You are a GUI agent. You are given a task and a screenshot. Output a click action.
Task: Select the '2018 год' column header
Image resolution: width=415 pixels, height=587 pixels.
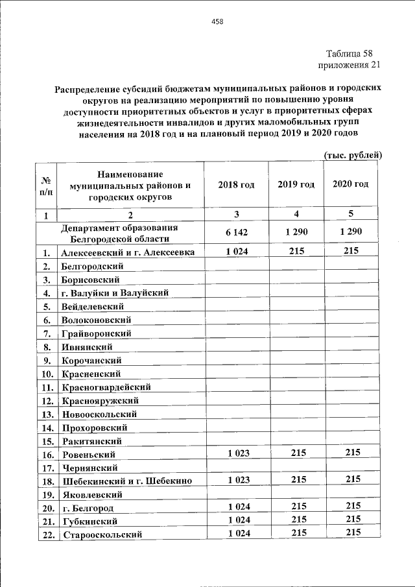(x=237, y=184)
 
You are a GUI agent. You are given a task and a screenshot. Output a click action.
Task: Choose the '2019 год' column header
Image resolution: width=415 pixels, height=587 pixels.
(x=296, y=184)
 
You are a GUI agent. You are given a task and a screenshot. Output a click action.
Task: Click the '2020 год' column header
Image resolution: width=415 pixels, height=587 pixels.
(x=351, y=184)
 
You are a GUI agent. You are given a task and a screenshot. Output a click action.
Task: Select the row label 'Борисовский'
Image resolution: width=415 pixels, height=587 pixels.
(x=90, y=280)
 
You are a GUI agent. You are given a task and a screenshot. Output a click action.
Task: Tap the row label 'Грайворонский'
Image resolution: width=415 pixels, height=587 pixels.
(x=96, y=333)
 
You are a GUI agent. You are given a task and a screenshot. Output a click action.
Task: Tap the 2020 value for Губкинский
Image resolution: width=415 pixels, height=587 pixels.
(x=353, y=520)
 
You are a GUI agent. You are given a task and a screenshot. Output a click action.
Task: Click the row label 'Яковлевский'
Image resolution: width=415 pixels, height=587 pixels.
(x=91, y=494)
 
